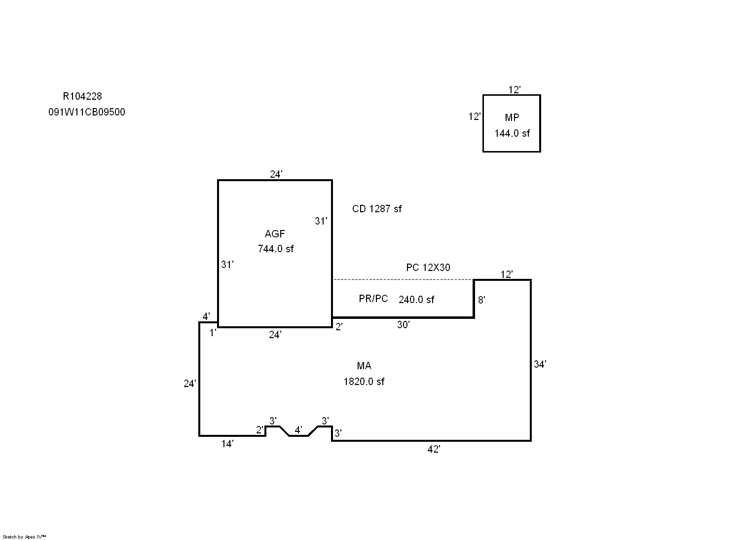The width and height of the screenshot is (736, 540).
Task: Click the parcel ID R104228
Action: pyautogui.click(x=82, y=96)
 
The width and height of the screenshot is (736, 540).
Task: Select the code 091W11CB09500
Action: pyautogui.click(x=86, y=112)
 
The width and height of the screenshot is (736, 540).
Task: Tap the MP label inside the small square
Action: pyautogui.click(x=512, y=117)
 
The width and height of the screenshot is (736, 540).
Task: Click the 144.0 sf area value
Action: pyautogui.click(x=512, y=133)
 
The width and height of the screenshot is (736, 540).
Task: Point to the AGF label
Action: pyautogui.click(x=275, y=234)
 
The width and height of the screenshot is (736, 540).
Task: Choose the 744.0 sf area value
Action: pyautogui.click(x=275, y=249)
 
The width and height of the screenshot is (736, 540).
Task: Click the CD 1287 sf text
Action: pyautogui.click(x=376, y=209)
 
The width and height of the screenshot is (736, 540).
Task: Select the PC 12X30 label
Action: pyautogui.click(x=428, y=268)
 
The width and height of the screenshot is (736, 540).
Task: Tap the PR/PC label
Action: pyautogui.click(x=373, y=299)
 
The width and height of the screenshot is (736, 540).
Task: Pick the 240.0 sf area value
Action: pyautogui.click(x=416, y=300)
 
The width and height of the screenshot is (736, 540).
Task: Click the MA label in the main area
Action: pyautogui.click(x=364, y=366)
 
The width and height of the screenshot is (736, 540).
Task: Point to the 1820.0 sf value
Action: pyautogui.click(x=364, y=382)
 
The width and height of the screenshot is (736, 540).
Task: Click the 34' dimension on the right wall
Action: pyautogui.click(x=540, y=364)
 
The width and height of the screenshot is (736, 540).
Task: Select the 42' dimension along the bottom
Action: pyautogui.click(x=433, y=449)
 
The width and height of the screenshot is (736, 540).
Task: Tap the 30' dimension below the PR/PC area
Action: pyautogui.click(x=403, y=325)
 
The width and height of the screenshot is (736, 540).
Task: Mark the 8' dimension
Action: pyautogui.click(x=481, y=300)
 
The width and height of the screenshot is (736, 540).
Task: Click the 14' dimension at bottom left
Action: pyautogui.click(x=227, y=444)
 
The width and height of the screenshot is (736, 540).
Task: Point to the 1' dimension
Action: pyautogui.click(x=213, y=333)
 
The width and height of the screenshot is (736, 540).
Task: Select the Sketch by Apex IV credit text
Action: pyautogui.click(x=24, y=537)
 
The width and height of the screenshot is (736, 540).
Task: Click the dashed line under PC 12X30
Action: pyautogui.click(x=403, y=279)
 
